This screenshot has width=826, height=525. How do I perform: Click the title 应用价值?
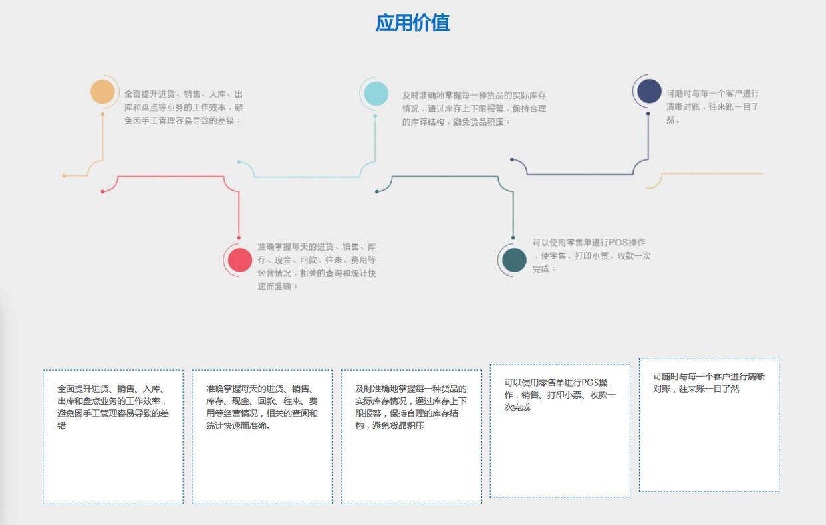pyautogui.click(x=412, y=23)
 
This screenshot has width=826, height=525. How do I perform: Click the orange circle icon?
pyautogui.click(x=103, y=92)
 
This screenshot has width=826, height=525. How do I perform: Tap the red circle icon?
pyautogui.click(x=240, y=260)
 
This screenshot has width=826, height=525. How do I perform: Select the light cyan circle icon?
pyautogui.click(x=376, y=94)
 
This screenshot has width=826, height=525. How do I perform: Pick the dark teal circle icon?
pyautogui.click(x=514, y=260)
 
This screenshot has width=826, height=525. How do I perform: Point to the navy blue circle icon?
pyautogui.click(x=649, y=92)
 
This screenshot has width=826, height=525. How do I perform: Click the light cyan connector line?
pyautogui.click(x=306, y=177)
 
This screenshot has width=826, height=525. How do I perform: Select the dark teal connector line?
pyautogui.click(x=446, y=177)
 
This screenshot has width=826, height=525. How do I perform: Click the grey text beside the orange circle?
pyautogui.click(x=183, y=107)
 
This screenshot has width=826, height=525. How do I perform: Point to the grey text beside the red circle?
pyautogui.click(x=317, y=266)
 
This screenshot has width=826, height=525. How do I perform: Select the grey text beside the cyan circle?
pyautogui.click(x=474, y=108)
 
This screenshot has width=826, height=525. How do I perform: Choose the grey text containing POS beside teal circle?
pyautogui.click(x=591, y=256)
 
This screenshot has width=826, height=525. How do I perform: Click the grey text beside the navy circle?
pyautogui.click(x=712, y=106)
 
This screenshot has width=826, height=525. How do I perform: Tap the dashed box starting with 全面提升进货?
pyautogui.click(x=113, y=437)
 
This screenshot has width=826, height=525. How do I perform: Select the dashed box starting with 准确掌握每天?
pyautogui.click(x=262, y=437)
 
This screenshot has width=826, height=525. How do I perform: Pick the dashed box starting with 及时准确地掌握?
pyautogui.click(x=411, y=437)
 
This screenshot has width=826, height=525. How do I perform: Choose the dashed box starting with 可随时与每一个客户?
pyautogui.click(x=709, y=425)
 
